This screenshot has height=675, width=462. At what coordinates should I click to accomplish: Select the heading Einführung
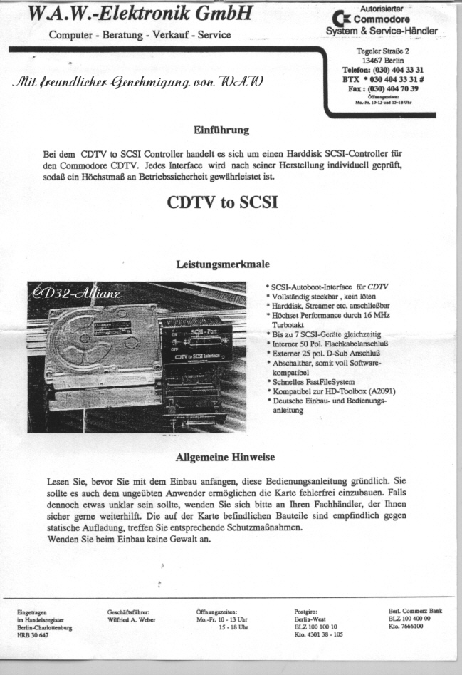click(221, 130)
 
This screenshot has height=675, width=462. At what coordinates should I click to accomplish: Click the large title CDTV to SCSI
click(221, 202)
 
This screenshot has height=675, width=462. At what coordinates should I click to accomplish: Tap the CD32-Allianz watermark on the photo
click(78, 294)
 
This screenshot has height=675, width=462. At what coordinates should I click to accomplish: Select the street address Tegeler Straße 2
click(387, 51)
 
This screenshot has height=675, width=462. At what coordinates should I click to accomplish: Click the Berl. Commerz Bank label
click(416, 611)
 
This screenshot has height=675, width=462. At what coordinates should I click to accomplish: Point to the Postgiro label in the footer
click(308, 612)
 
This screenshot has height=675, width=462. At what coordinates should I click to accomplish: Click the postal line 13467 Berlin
click(387, 61)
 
